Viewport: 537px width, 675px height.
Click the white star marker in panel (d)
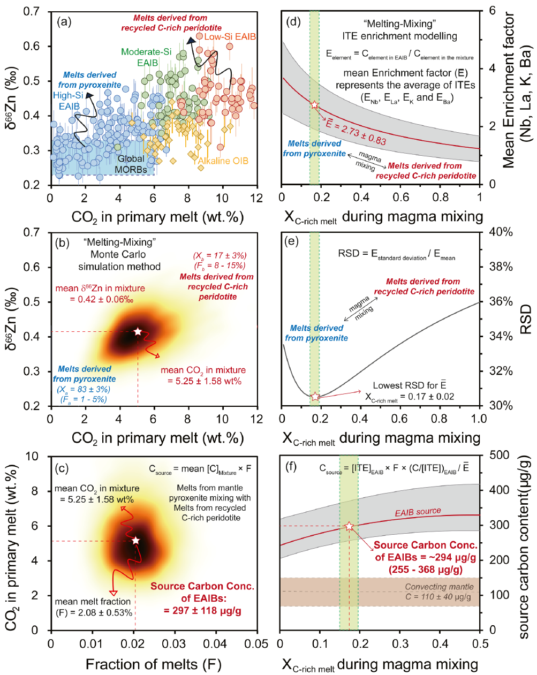[x=314, y=104]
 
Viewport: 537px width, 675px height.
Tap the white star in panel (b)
[x=138, y=332]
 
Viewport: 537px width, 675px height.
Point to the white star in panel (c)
[x=135, y=541]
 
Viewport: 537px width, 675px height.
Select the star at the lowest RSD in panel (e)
[x=315, y=397]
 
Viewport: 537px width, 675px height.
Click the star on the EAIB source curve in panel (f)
[x=349, y=527]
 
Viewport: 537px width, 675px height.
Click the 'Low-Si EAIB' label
[x=230, y=37]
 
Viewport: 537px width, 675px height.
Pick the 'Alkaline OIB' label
[x=223, y=161]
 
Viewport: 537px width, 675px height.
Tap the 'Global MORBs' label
[x=131, y=164]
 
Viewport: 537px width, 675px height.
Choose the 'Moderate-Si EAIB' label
[x=146, y=57]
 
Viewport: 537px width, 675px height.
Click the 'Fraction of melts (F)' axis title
[x=153, y=665]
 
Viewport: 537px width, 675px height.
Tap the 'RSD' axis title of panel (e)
[x=526, y=319]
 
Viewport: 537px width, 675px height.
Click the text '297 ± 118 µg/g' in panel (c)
[x=202, y=611]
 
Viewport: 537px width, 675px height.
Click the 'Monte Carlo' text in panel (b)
[x=118, y=254]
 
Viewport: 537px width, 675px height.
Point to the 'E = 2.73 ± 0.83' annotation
[x=356, y=133]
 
